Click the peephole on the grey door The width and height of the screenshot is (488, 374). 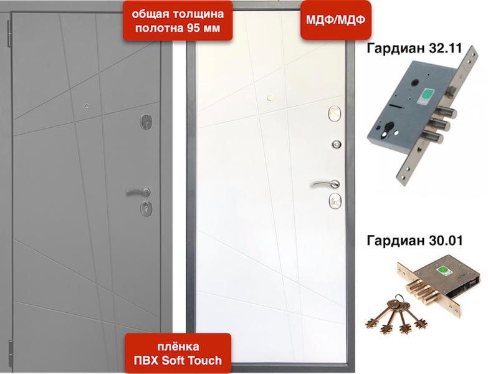pyautogui.click(x=87, y=105)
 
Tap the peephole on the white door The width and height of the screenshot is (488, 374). pyautogui.click(x=270, y=97)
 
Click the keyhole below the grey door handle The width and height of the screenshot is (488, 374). pyautogui.click(x=146, y=208)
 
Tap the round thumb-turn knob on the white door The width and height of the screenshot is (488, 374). pyautogui.click(x=335, y=144)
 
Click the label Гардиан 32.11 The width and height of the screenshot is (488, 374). pyautogui.click(x=415, y=49)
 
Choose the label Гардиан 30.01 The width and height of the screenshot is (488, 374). pyautogui.click(x=415, y=240)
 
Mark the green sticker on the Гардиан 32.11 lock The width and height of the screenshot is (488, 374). pyautogui.click(x=428, y=93)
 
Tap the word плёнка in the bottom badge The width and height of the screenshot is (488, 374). pyautogui.click(x=178, y=347)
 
